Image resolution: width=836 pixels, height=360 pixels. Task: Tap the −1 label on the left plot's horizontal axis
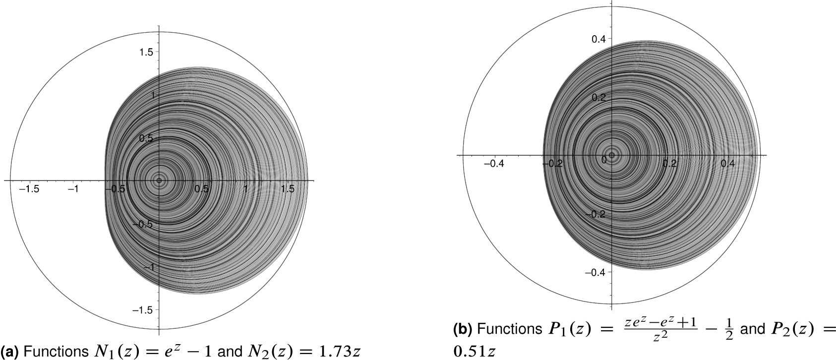(74, 189)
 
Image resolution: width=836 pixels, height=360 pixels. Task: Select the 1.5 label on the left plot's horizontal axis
(288, 189)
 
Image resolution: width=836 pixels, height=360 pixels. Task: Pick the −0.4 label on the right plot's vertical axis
(597, 272)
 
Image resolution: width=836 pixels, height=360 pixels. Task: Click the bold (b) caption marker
(462, 329)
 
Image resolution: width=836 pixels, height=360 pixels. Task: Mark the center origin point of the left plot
(159, 180)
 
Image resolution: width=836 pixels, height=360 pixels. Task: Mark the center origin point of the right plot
(612, 155)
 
